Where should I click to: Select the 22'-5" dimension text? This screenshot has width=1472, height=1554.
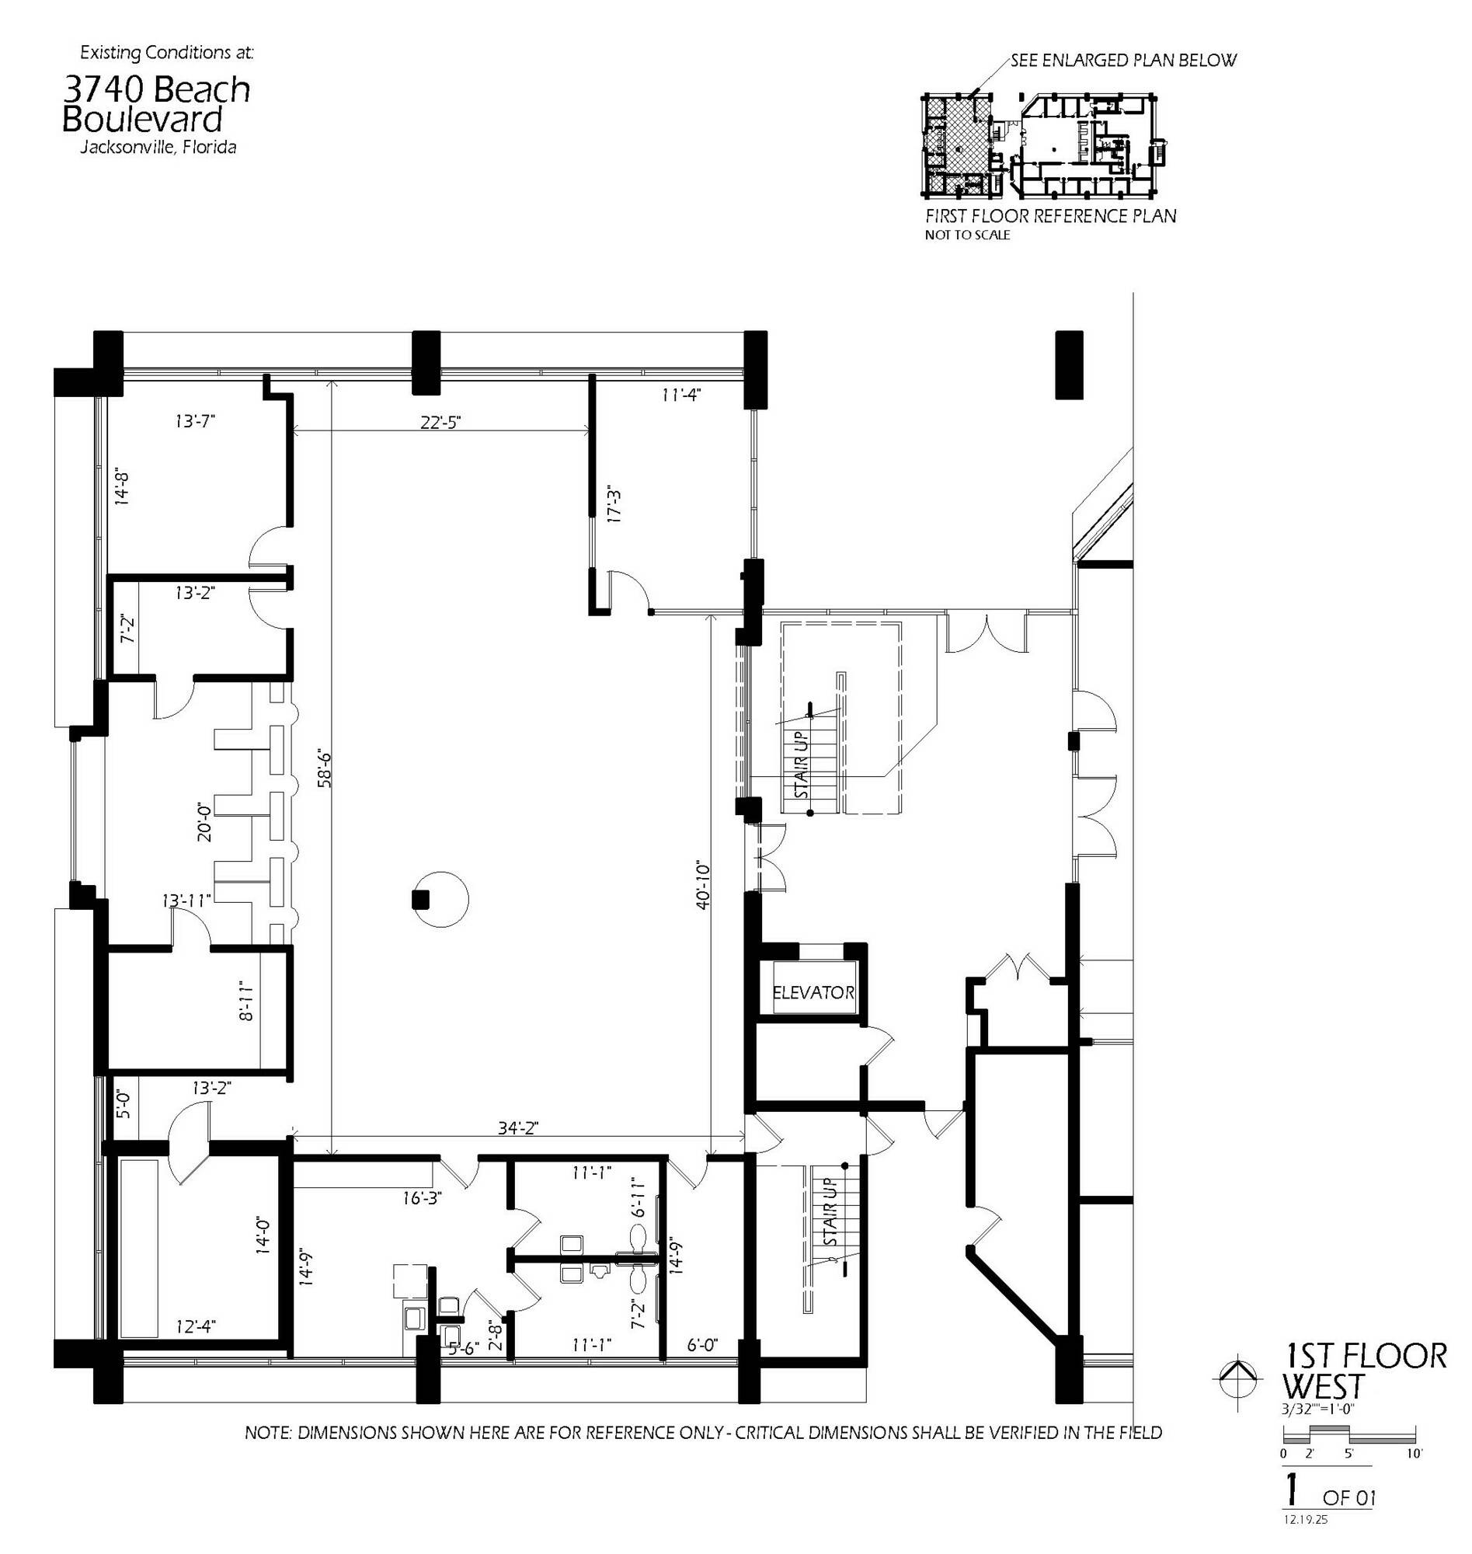(x=440, y=421)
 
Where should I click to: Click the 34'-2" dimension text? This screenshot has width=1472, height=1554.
(x=518, y=1128)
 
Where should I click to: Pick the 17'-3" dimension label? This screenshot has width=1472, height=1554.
(x=614, y=507)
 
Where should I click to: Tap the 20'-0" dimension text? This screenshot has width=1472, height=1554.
(x=204, y=821)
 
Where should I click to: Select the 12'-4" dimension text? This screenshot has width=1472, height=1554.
(x=196, y=1326)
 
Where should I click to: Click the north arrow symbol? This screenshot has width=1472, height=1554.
(x=1238, y=1394)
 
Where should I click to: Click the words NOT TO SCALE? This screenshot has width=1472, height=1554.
(x=966, y=235)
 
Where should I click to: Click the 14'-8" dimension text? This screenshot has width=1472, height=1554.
(x=123, y=486)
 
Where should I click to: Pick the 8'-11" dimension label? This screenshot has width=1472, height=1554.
(x=246, y=999)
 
